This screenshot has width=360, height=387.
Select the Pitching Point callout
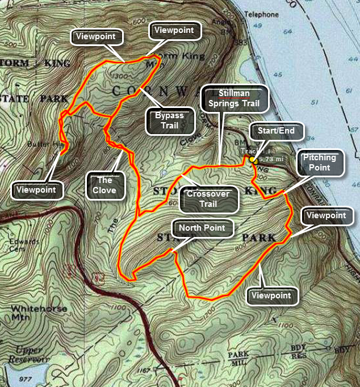click(323, 163)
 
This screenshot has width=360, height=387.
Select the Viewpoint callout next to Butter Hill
click(36, 190)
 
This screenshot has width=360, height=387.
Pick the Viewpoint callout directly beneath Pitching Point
click(325, 216)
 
